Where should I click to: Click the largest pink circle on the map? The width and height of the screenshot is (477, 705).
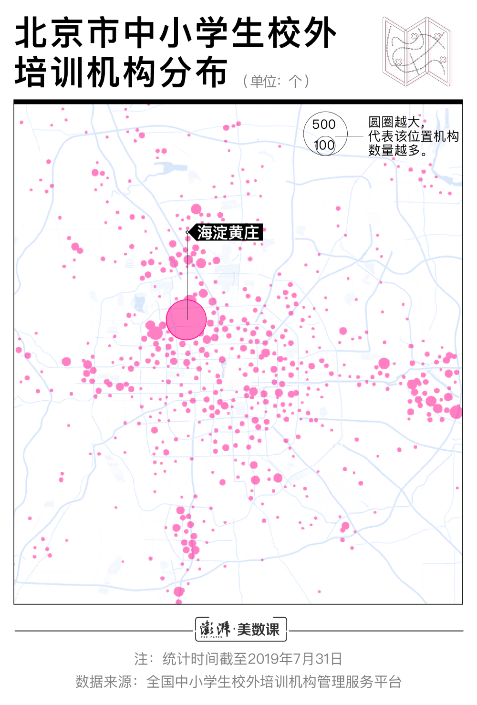tap(186, 320)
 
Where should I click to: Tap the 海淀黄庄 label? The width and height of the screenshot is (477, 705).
tap(228, 233)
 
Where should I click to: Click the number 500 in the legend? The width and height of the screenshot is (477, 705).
tap(324, 124)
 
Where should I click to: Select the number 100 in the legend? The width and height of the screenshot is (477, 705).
tap(324, 145)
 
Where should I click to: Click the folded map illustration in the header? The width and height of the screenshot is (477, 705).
tap(416, 52)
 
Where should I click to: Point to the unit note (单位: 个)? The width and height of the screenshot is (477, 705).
tap(276, 81)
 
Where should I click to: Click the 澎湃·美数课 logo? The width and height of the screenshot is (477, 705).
tap(241, 629)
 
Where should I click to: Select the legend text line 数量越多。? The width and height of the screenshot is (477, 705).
tap(397, 150)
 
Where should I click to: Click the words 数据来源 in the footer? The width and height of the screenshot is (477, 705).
tap(104, 682)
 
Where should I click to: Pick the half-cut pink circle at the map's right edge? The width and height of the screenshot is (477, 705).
tap(456, 411)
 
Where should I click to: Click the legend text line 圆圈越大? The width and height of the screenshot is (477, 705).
tap(396, 122)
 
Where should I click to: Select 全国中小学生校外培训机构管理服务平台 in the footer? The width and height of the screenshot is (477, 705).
tap(274, 682)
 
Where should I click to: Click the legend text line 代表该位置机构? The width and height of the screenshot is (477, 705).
tap(413, 136)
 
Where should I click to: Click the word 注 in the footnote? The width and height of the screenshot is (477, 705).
tap(141, 659)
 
